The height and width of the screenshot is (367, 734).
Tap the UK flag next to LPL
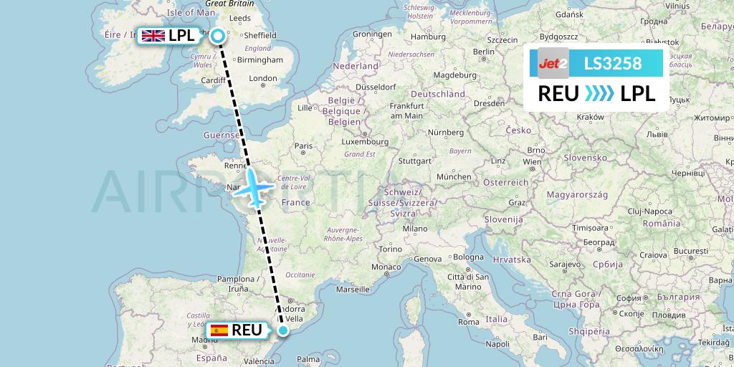point(153,35)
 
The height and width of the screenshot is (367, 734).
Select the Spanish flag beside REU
point(219,330)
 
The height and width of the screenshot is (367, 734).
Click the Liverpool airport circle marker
point(216,34)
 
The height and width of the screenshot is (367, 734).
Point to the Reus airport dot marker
point(283,330)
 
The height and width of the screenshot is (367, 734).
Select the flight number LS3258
point(613,63)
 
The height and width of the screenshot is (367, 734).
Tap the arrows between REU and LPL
point(599,93)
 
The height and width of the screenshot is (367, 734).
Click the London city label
point(262,79)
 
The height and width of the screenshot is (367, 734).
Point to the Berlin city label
point(484,52)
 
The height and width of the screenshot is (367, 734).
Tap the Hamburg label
point(429,37)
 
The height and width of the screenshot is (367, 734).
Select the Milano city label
point(414,229)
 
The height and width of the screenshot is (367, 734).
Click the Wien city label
point(531,162)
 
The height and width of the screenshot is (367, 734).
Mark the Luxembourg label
point(365,142)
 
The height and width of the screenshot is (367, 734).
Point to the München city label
point(453,176)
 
